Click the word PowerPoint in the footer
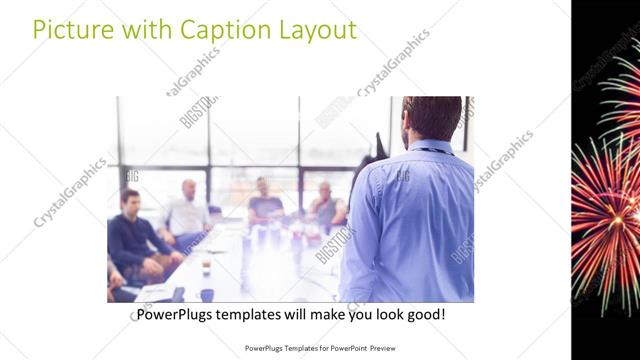pos(343,348)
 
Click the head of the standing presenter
pos(432,118)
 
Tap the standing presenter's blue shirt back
pos(410,220)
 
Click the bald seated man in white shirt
pos(187,210)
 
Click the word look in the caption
pos(380,315)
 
